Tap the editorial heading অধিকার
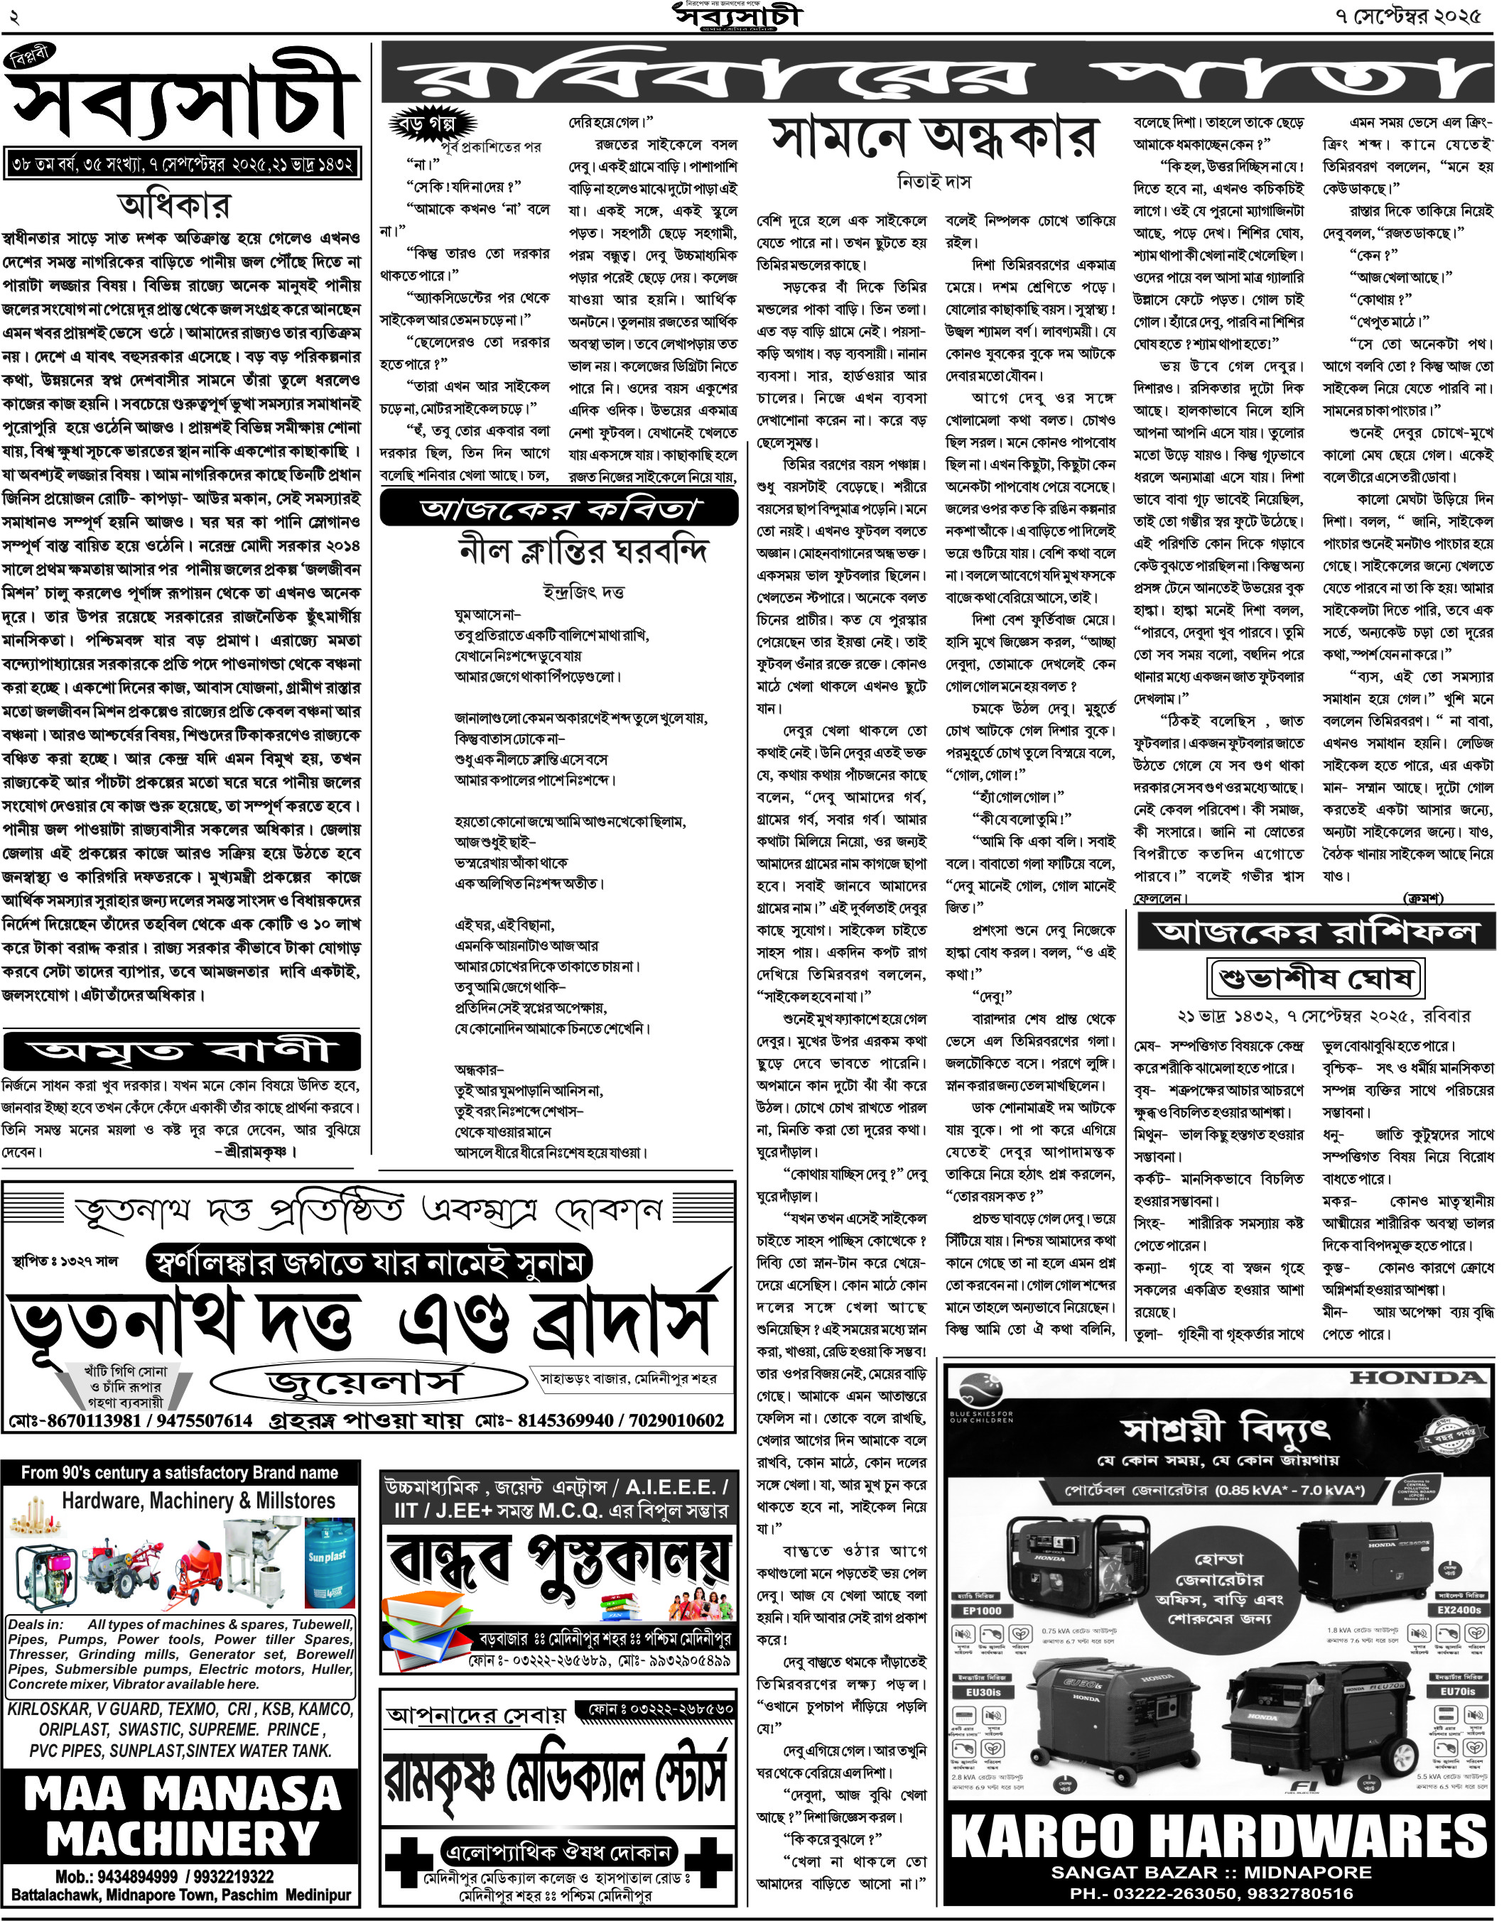pyautogui.click(x=174, y=207)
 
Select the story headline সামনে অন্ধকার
pyautogui.click(x=934, y=138)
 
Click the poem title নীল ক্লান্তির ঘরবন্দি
pyautogui.click(x=583, y=552)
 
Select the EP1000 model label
pyautogui.click(x=983, y=1611)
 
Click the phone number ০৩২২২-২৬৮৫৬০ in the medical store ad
pyautogui.click(x=661, y=1708)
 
